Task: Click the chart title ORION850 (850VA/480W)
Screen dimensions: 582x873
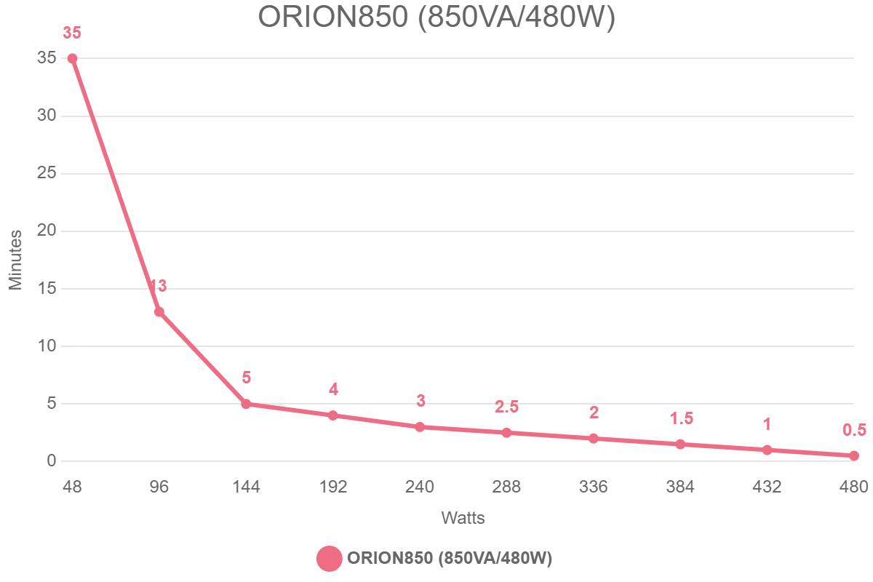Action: pos(436,17)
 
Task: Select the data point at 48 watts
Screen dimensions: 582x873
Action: pos(72,59)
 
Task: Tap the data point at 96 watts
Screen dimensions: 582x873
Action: pos(159,312)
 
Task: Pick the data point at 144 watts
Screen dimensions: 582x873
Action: pos(246,404)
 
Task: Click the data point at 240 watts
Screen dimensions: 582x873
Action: pos(420,427)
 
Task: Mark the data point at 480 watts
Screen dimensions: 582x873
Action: pos(854,455)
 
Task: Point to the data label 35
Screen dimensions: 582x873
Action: pos(72,33)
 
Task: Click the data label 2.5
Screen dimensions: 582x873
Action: pos(506,407)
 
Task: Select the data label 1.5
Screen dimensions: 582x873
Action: pos(681,418)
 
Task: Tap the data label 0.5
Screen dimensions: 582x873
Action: pos(854,430)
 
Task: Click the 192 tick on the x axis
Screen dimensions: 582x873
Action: pos(333,487)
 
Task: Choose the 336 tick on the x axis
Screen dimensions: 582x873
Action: pos(594,487)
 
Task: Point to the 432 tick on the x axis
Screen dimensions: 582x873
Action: pos(768,487)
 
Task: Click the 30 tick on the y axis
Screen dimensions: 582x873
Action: pos(47,116)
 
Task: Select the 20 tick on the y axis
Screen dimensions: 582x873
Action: pos(47,231)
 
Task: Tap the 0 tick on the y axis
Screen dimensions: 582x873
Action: pos(52,461)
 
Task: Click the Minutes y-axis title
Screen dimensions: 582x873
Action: pos(16,260)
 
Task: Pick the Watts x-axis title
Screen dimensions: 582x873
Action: pos(463,519)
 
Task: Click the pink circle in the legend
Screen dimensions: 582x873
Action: pos(330,558)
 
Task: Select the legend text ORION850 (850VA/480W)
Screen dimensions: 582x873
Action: pos(450,558)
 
